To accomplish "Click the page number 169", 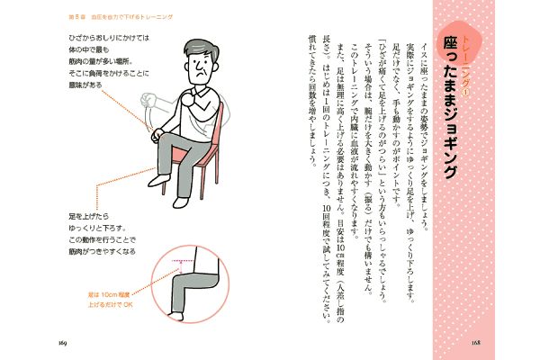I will click(x=62, y=342).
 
